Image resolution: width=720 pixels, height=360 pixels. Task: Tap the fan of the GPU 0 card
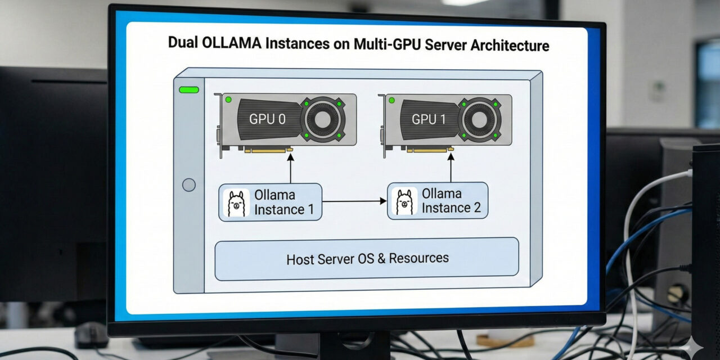click(x=323, y=119)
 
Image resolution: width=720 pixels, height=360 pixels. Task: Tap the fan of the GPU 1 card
click(x=479, y=119)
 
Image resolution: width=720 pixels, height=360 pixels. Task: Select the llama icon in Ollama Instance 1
click(x=236, y=202)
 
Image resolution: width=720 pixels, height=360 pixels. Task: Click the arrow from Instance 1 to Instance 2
click(x=354, y=201)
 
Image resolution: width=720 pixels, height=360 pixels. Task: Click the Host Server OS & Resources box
click(x=367, y=259)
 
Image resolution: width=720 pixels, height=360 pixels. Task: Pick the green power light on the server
click(x=188, y=89)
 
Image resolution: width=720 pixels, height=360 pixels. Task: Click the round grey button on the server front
click(x=189, y=184)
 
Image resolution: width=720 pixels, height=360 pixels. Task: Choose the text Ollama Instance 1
click(x=279, y=202)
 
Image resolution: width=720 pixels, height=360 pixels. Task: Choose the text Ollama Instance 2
click(x=451, y=201)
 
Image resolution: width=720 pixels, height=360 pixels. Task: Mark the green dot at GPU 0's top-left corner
click(x=228, y=100)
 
